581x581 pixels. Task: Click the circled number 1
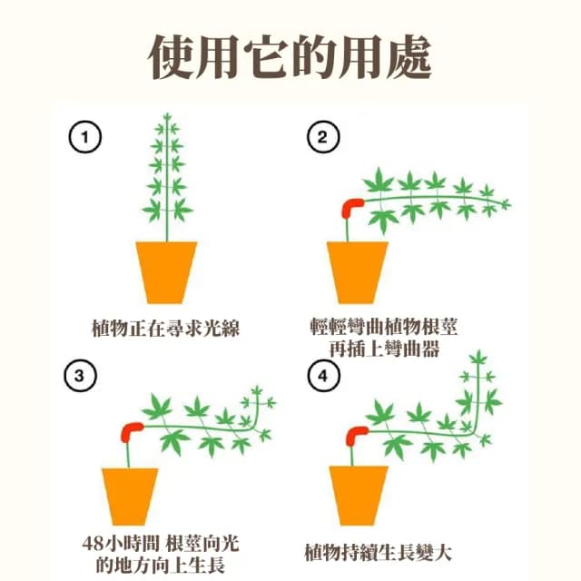[x=86, y=138]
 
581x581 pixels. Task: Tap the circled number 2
[x=322, y=138]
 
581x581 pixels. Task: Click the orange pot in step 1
[x=166, y=271]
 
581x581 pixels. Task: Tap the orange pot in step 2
[x=358, y=271]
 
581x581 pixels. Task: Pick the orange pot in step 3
[x=130, y=496]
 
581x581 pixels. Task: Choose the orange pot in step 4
[x=358, y=496]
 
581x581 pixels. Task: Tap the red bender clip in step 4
[x=355, y=434]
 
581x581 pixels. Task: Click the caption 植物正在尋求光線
[x=166, y=328]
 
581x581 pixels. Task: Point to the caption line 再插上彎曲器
[x=382, y=348]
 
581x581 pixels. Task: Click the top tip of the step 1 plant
[x=166, y=115]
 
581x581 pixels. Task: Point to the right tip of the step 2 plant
[x=509, y=203]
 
